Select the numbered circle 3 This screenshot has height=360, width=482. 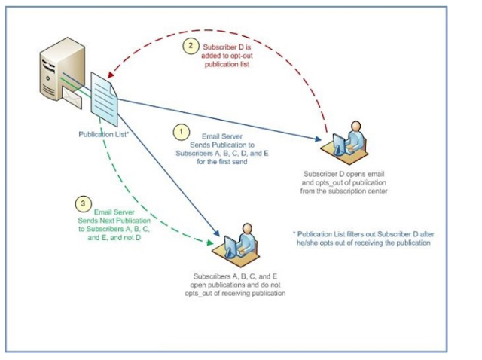coord(84,203)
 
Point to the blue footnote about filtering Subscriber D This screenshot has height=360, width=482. coord(361,238)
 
